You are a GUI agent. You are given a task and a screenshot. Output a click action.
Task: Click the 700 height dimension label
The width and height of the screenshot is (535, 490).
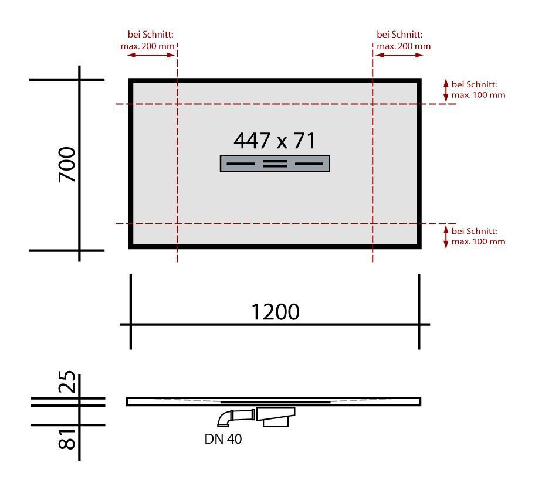[x=67, y=164]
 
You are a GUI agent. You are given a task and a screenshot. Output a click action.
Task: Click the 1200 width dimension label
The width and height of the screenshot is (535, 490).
[x=275, y=312]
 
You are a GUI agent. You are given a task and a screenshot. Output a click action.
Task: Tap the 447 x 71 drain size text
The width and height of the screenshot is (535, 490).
[x=275, y=141]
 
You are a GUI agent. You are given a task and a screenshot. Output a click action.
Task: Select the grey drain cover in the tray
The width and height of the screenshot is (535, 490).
[x=275, y=164]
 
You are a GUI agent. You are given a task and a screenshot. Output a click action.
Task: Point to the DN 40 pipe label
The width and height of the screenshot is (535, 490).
[x=223, y=439]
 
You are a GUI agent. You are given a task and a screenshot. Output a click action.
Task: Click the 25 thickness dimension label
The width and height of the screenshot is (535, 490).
[x=67, y=382]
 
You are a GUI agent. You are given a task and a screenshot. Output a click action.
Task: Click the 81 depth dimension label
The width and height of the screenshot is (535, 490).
[x=67, y=440]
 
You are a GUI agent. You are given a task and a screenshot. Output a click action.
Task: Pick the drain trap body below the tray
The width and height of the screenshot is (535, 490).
[x=275, y=417]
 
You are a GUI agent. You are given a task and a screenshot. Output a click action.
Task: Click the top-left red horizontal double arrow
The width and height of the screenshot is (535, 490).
[x=151, y=55]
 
